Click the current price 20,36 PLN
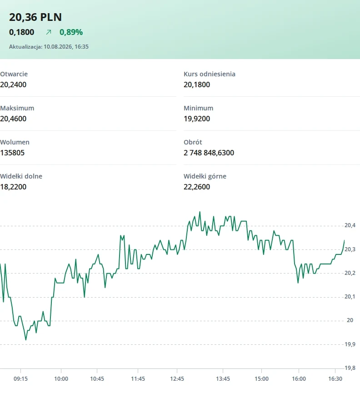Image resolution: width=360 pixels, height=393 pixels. (35, 17)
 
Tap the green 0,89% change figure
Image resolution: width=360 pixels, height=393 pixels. (71, 32)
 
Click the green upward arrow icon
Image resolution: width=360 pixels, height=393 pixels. (49, 32)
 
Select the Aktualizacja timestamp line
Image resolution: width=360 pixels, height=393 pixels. (49, 47)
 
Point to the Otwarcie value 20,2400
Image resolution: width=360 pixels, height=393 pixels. (13, 85)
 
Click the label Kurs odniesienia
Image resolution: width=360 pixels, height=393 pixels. (210, 74)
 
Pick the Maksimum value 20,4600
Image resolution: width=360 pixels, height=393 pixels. (13, 119)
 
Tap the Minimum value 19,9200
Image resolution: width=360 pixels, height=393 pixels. (197, 119)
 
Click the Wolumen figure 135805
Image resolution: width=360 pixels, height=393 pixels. (12, 153)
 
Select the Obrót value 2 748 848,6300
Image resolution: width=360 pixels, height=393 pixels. (209, 153)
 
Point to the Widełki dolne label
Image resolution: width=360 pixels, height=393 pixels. (21, 176)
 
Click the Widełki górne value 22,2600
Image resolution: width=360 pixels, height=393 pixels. (197, 187)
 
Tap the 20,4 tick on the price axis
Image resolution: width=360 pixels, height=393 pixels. (350, 225)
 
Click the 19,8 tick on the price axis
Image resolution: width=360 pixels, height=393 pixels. (350, 368)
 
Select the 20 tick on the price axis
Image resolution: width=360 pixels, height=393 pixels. (350, 320)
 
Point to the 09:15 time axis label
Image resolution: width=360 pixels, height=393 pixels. (20, 379)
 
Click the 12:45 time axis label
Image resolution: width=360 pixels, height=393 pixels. (177, 379)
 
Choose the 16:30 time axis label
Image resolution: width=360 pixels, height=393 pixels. (335, 379)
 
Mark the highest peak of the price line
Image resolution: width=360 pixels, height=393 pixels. (200, 212)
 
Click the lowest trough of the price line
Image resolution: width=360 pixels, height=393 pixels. (26, 339)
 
